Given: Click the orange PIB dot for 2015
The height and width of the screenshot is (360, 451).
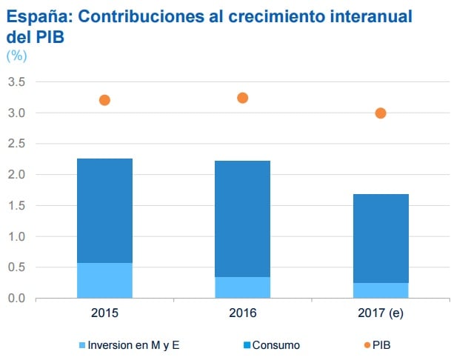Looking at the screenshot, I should tap(104, 100).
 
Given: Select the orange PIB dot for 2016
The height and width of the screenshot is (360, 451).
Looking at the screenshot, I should tap(242, 98).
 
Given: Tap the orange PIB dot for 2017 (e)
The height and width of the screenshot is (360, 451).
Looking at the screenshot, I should tap(381, 113).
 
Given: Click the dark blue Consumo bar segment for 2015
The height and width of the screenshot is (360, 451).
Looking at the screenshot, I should tap(104, 210).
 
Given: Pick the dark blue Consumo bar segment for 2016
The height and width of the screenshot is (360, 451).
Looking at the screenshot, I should tap(242, 219).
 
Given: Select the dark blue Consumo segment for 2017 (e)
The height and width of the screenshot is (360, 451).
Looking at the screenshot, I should tap(381, 238).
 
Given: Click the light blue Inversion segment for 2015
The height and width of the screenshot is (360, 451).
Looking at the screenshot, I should tap(104, 281).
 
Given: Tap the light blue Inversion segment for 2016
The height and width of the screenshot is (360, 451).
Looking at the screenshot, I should tap(242, 287).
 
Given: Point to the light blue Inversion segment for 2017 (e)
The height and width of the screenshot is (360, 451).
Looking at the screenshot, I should tap(381, 290).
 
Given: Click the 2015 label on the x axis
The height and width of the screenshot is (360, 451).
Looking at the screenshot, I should tap(104, 313).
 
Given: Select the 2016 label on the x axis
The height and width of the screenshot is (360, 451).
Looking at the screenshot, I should tap(242, 313).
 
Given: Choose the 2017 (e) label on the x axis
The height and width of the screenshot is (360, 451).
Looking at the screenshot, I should tap(381, 313).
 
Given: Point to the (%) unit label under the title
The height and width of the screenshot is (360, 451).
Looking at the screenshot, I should tap(16, 56).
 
